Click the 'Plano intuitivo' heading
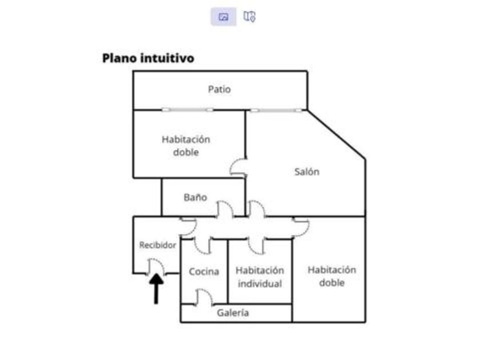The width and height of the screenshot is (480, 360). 148,58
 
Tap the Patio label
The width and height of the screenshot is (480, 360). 219,89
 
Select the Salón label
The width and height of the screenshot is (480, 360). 307,171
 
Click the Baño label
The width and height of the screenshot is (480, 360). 195,198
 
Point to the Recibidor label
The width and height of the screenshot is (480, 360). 158,245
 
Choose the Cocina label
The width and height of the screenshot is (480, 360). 204,271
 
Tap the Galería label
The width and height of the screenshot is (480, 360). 233,313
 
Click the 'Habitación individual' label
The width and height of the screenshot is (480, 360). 259,277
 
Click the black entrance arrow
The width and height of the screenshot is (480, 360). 156,288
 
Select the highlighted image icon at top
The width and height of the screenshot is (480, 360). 223,17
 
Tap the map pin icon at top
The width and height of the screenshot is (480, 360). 249,17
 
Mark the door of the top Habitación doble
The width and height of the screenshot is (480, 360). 238,167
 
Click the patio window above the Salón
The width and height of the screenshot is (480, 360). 277,110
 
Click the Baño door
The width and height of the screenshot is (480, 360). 225,209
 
